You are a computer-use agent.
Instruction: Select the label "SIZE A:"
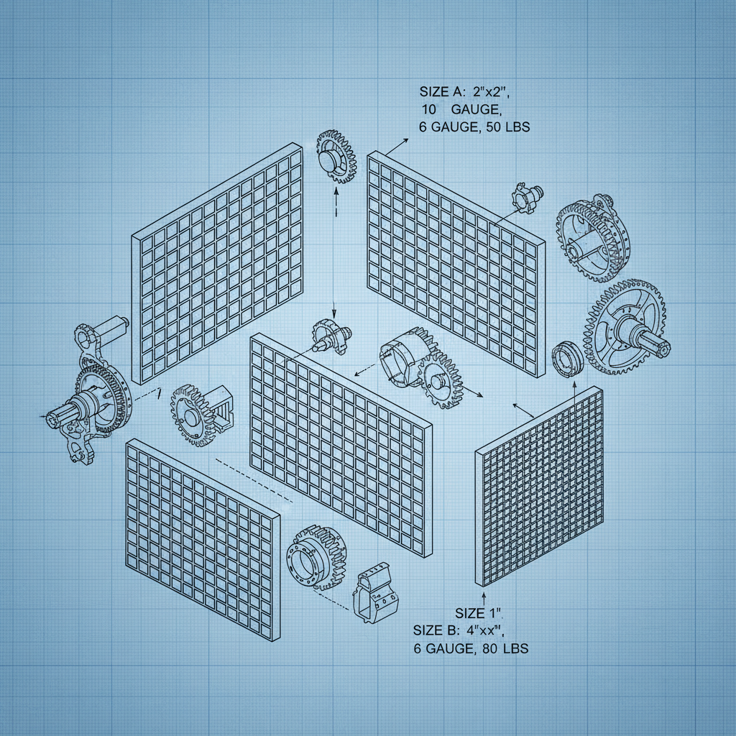click(443, 92)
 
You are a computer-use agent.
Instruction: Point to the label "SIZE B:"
click(436, 630)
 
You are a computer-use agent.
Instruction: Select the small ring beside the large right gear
click(567, 358)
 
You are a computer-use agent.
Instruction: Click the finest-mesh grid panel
click(539, 489)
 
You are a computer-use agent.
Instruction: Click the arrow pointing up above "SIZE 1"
click(483, 597)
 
